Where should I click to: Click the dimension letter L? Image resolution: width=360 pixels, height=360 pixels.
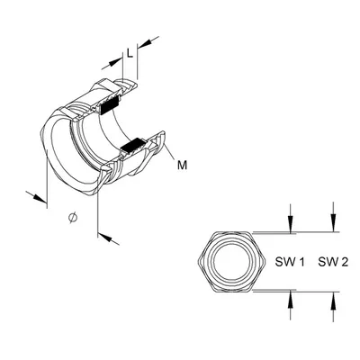(x=130, y=53)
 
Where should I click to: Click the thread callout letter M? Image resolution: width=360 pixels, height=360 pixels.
(x=182, y=165)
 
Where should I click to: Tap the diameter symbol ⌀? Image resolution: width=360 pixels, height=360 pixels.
(x=73, y=217)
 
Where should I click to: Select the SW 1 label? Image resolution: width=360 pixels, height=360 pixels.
(x=290, y=262)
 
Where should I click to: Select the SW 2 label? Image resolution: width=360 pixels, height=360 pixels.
(x=333, y=262)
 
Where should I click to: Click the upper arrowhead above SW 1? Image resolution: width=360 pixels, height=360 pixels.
(x=290, y=224)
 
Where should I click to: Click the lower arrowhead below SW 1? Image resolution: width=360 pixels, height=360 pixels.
(x=290, y=298)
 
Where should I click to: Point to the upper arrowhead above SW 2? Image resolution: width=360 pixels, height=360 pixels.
(x=333, y=224)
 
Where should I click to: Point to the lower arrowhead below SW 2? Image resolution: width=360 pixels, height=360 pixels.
(x=333, y=300)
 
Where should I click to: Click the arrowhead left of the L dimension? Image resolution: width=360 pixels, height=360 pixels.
(x=115, y=62)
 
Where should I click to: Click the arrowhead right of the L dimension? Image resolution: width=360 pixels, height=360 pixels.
(x=145, y=43)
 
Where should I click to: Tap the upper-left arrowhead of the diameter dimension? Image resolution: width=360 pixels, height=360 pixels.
(x=40, y=199)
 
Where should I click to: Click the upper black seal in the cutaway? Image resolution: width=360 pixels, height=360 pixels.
(x=109, y=106)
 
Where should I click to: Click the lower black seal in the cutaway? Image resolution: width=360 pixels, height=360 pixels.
(x=133, y=146)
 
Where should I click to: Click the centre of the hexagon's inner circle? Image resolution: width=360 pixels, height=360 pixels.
(x=231, y=261)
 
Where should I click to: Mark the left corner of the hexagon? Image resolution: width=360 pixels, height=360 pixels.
(x=198, y=262)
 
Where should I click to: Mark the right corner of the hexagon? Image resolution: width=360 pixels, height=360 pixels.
(x=265, y=262)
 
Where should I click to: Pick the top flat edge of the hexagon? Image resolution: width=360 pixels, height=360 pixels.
(x=231, y=232)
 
